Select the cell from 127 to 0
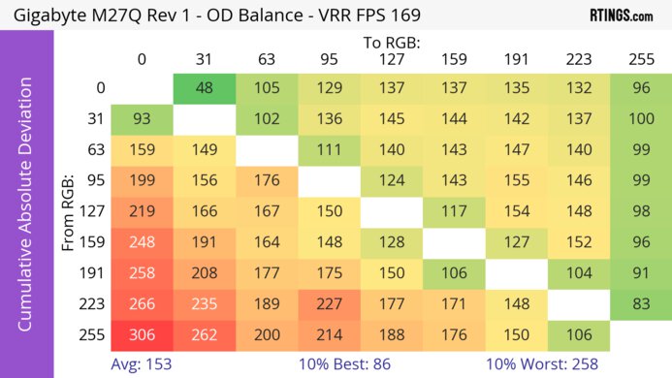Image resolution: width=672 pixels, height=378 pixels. [142, 211]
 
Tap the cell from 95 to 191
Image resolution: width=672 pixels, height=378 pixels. [516, 180]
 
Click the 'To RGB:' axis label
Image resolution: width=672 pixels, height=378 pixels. [391, 43]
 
